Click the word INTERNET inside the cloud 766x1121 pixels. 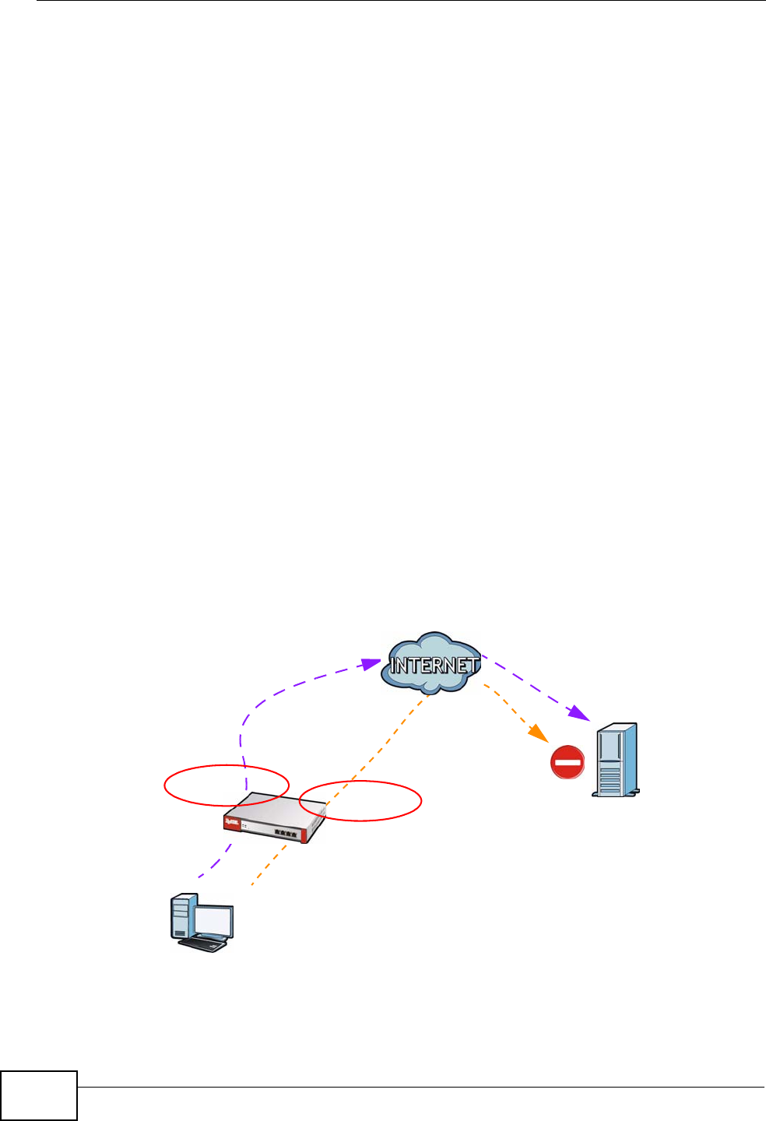click(434, 666)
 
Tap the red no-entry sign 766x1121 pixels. click(567, 762)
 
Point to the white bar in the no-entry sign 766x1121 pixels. click(567, 762)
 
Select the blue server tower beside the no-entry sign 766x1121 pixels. click(617, 760)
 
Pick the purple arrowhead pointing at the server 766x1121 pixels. click(578, 714)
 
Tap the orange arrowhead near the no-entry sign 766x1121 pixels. click(536, 733)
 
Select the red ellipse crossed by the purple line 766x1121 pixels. click(227, 785)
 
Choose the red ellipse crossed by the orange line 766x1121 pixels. click(360, 800)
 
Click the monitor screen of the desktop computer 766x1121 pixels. click(213, 921)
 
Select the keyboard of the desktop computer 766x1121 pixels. click(203, 944)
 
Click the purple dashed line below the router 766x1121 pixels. click(219, 862)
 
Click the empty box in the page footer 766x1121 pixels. click(39, 1095)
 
